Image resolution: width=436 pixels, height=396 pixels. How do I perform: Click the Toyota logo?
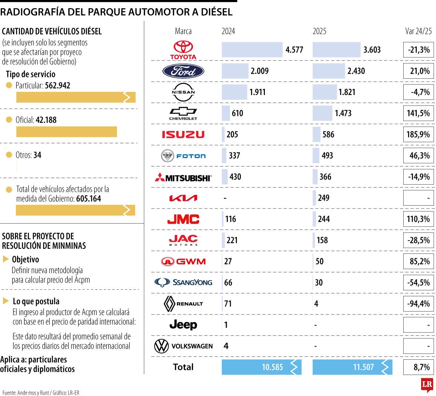(x=183, y=50)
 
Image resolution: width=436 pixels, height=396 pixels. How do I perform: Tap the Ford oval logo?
(x=183, y=71)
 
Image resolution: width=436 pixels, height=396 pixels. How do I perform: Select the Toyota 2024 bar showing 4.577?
(x=252, y=50)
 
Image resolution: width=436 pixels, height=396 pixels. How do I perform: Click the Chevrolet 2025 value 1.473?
(x=343, y=113)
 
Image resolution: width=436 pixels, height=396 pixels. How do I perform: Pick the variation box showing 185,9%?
(x=418, y=135)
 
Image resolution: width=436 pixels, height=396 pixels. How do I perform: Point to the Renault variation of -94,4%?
(x=418, y=304)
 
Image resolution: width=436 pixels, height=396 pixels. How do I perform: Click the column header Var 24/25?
(x=419, y=31)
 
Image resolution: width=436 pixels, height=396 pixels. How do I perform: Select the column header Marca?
(x=183, y=31)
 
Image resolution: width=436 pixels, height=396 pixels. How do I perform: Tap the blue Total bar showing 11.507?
(x=352, y=367)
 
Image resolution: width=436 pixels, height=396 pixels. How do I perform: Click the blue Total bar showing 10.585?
(x=261, y=367)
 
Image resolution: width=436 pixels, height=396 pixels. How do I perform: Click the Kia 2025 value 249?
(x=323, y=198)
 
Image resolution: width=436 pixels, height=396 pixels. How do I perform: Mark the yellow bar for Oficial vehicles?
(x=66, y=132)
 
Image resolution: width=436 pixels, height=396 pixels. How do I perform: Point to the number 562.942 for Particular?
(x=57, y=86)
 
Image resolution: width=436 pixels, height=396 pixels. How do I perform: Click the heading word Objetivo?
(x=25, y=260)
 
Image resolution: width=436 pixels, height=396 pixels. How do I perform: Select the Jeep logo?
(x=183, y=325)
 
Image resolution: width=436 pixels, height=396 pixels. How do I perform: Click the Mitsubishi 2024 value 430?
(x=235, y=177)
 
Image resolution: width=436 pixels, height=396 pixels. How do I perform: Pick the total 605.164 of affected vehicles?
(x=89, y=199)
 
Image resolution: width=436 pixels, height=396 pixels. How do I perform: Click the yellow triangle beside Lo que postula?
(x=6, y=301)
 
